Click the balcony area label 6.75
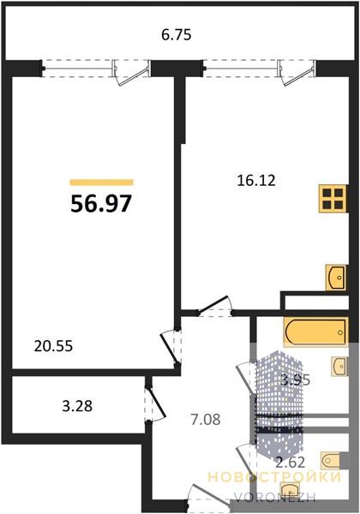coord(176,35)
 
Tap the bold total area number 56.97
coord(101,203)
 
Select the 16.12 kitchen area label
coord(256,181)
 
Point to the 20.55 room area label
coord(53,346)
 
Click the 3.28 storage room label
coord(77,406)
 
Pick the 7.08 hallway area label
coord(206,419)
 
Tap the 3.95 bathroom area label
coord(295,380)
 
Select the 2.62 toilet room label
coord(291,463)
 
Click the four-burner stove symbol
coord(333,199)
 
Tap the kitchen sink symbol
coord(336,278)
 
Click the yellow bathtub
coord(316,332)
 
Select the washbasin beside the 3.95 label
coord(339,366)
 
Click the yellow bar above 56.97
coord(102,182)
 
